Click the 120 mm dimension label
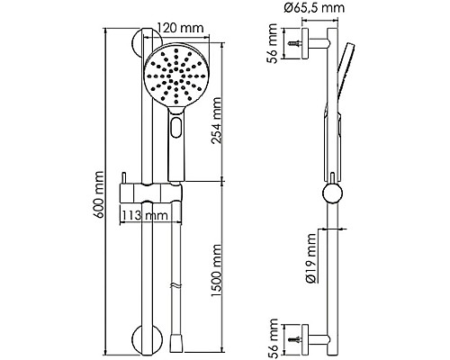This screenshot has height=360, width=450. click(x=180, y=28)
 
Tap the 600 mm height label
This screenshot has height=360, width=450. click(x=98, y=194)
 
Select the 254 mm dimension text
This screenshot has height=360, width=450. click(x=216, y=121)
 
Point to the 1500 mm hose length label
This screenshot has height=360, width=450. click(x=216, y=271)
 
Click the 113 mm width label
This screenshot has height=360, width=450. click(x=145, y=215)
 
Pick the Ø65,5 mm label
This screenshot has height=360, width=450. click(x=314, y=7)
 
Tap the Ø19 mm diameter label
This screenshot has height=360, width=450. click(x=311, y=258)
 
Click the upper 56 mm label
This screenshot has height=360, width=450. click(x=273, y=43)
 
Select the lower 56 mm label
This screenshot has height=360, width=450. click(x=273, y=339)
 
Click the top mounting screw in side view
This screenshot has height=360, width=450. click(x=295, y=43)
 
